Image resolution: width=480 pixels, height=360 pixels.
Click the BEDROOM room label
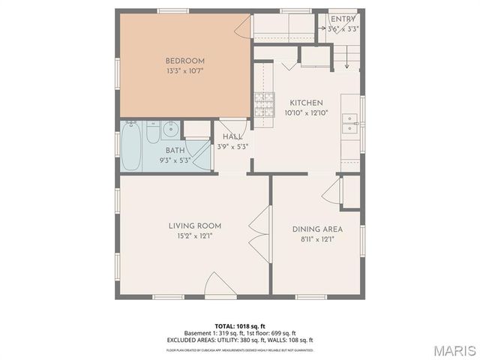click(184, 61)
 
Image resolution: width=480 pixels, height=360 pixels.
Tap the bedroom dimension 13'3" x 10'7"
click(184, 71)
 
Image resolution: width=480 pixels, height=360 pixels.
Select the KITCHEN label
click(306, 103)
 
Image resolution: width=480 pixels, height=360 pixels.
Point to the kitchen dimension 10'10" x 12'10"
click(306, 113)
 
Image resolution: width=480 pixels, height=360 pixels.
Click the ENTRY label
click(343, 19)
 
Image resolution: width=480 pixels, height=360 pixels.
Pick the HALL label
click(231, 136)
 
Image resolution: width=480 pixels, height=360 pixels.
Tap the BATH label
click(175, 150)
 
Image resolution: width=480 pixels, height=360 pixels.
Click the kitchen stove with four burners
click(263, 104)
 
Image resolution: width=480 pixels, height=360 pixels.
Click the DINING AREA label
click(317, 229)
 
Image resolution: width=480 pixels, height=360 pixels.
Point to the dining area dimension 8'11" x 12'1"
click(317, 240)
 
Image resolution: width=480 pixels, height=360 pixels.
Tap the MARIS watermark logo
click(453, 350)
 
